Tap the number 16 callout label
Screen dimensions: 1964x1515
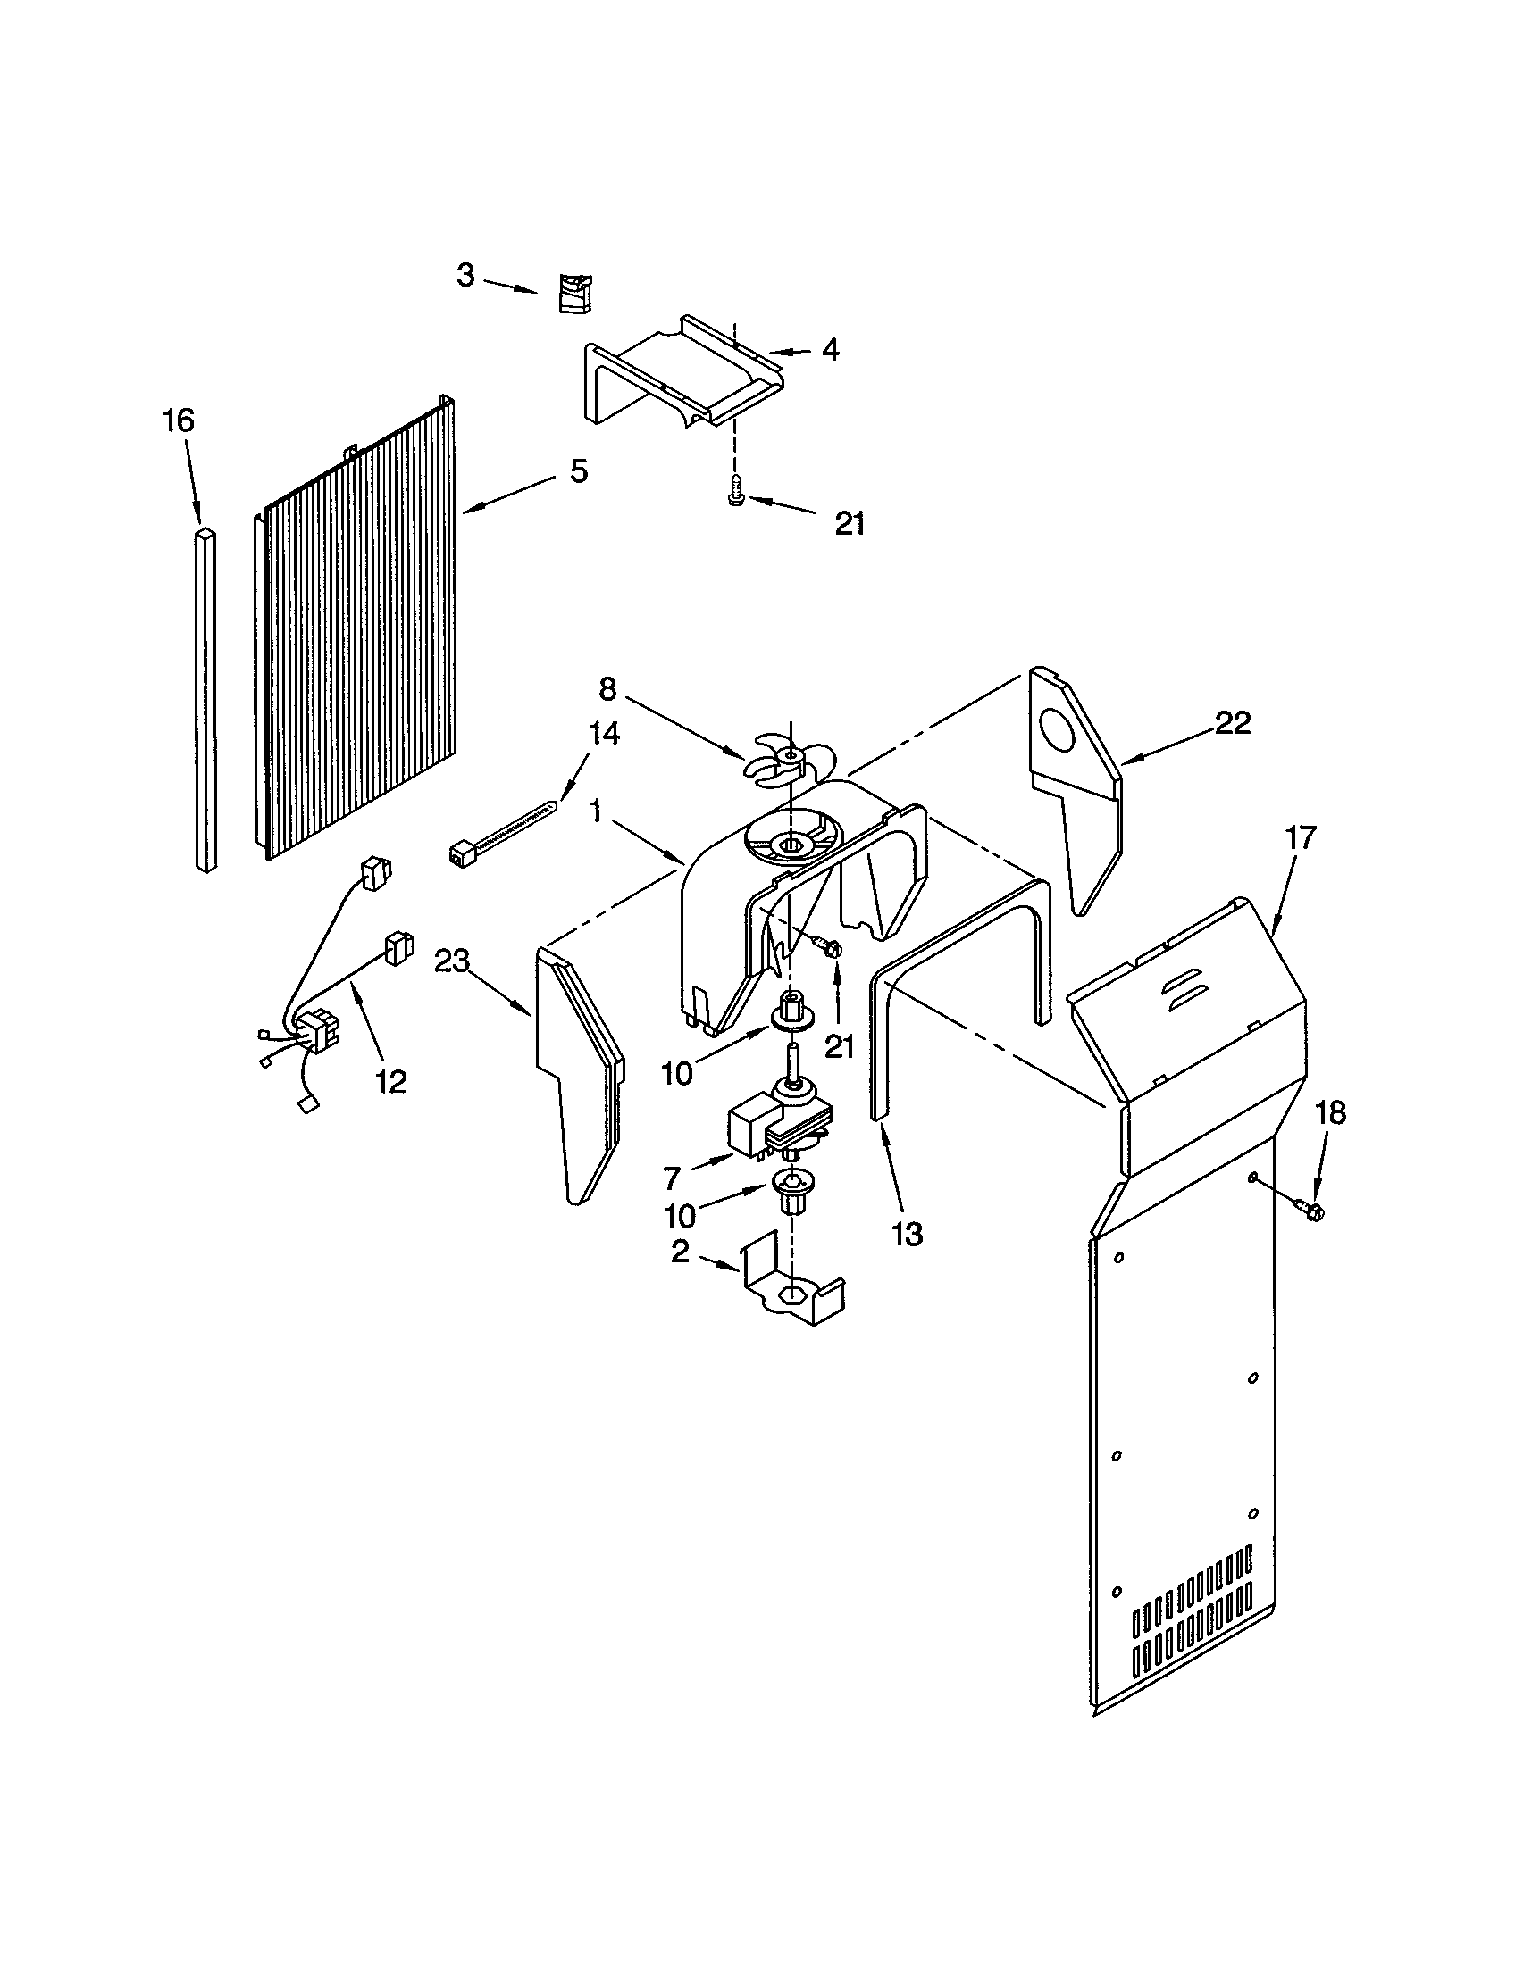tap(178, 420)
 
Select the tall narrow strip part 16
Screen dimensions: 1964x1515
tap(206, 702)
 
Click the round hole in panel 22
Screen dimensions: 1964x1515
tap(1059, 728)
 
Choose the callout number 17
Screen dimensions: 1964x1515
tap(1300, 837)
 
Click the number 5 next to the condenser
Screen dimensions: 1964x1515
tap(579, 470)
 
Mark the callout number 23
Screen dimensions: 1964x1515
tap(452, 961)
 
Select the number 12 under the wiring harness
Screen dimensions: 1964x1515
tap(391, 1081)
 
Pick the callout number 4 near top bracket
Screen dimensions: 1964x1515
tap(830, 350)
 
